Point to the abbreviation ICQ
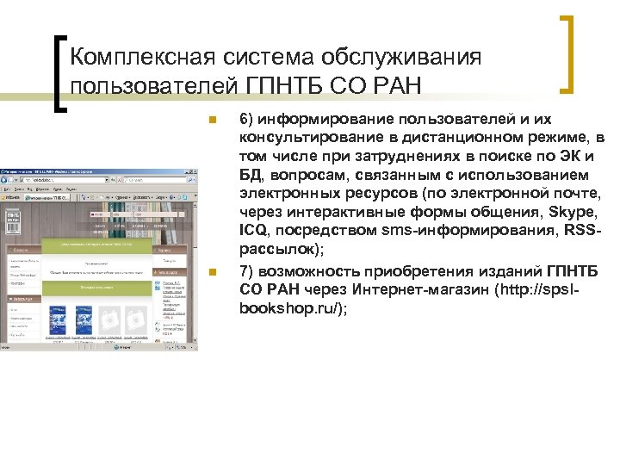254,232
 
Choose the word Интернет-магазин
429,291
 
